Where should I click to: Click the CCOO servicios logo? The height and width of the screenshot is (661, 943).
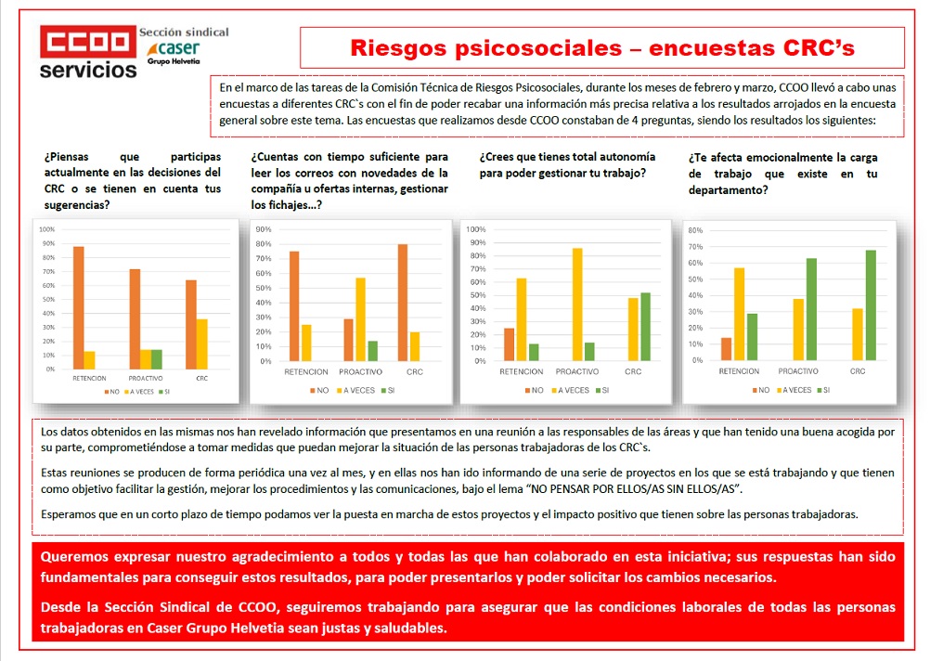tap(88, 53)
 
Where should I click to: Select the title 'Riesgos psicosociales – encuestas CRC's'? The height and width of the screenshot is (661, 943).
tap(602, 47)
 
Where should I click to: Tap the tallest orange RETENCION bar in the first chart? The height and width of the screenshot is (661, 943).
tap(78, 307)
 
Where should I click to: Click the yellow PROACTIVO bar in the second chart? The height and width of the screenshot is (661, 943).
tap(360, 319)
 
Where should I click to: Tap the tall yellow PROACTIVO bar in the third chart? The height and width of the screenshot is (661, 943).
tap(577, 305)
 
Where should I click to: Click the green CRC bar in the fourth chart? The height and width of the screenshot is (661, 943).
tap(870, 305)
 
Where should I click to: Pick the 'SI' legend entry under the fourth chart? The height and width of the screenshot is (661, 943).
tap(825, 390)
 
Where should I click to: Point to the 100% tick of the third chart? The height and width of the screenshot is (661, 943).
tap(476, 229)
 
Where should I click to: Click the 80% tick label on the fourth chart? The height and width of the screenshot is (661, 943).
tap(696, 229)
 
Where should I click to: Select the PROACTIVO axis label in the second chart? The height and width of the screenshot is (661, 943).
tap(360, 372)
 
